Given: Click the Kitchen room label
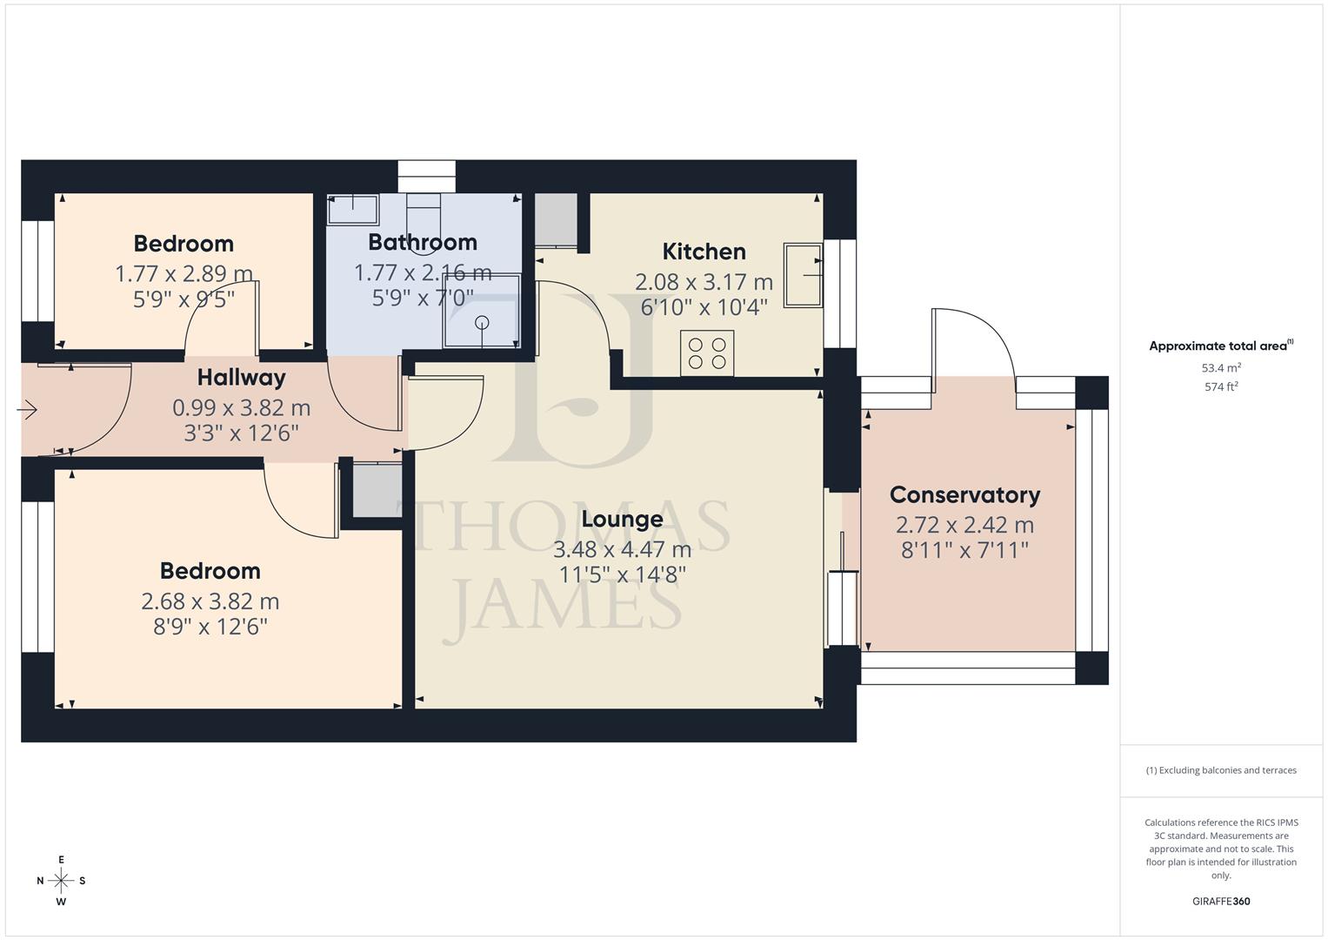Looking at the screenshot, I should pyautogui.click(x=704, y=252).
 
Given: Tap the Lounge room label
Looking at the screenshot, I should pyautogui.click(x=622, y=519).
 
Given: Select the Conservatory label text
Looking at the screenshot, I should pyautogui.click(x=964, y=495).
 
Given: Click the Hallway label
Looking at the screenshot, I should pyautogui.click(x=241, y=378).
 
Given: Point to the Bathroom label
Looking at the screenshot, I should pyautogui.click(x=423, y=242).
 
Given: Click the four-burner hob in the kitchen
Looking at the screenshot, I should pyautogui.click(x=707, y=353).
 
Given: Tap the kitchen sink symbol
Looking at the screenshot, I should pyautogui.click(x=803, y=275).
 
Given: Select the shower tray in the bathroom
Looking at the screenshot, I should pyautogui.click(x=482, y=311).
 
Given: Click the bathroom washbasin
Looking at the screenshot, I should pyautogui.click(x=352, y=210).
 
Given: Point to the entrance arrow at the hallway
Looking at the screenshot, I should pyautogui.click(x=28, y=409).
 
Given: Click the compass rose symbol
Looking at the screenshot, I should pyautogui.click(x=61, y=881).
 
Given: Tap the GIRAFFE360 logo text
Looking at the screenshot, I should pyautogui.click(x=1221, y=902).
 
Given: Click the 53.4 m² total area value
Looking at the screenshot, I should pyautogui.click(x=1221, y=368).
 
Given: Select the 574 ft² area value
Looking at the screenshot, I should pyautogui.click(x=1221, y=387).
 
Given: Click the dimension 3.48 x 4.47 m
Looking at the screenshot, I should pyautogui.click(x=622, y=549).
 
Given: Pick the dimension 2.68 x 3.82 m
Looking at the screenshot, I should pyautogui.click(x=210, y=601).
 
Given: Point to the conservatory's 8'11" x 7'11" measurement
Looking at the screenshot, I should pyautogui.click(x=964, y=550).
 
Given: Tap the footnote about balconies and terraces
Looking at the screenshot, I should pyautogui.click(x=1221, y=770).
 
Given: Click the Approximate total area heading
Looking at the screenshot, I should pyautogui.click(x=1221, y=346).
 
